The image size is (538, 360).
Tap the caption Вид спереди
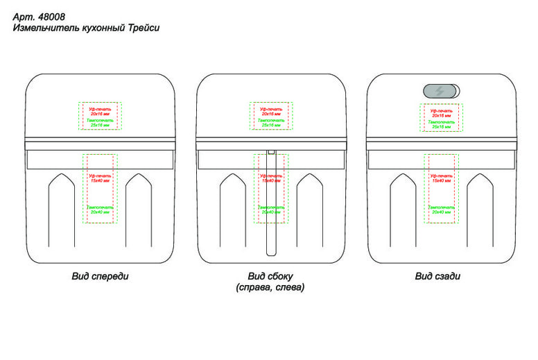tap(101, 276)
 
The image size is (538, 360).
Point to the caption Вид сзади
tap(437, 276)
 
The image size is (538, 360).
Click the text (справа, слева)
tap(270, 286)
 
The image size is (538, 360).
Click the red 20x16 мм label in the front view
tap(101, 114)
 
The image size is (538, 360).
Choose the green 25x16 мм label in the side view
tap(271, 126)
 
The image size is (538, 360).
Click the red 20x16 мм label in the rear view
tap(441, 115)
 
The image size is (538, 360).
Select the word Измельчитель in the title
tap(40, 28)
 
